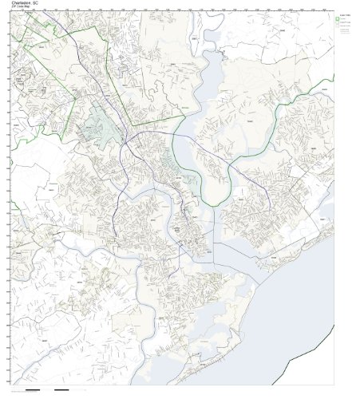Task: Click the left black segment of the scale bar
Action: pyautogui.click(x=33, y=390)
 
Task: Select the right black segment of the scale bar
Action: pyautogui.click(x=61, y=390)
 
